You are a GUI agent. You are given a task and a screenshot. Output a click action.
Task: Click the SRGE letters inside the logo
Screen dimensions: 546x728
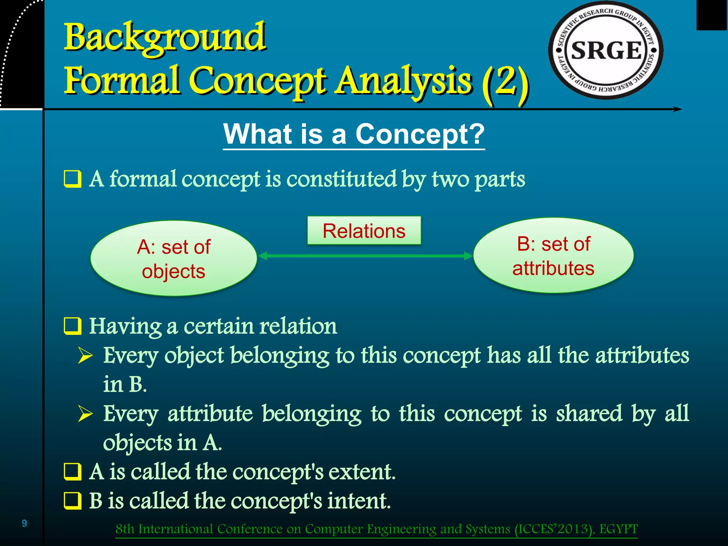[606, 50]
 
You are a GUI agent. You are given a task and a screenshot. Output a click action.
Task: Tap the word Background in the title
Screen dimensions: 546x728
[164, 37]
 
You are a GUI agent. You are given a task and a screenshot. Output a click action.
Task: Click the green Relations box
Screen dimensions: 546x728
[364, 231]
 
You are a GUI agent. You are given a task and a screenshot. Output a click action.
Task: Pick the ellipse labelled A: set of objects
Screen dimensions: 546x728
[173, 258]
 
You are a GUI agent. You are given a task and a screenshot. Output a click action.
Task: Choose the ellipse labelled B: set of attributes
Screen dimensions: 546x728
[553, 256]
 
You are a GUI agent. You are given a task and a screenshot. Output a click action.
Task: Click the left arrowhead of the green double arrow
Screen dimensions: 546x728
[263, 256]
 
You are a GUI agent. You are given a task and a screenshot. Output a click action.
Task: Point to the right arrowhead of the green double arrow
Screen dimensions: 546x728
[468, 256]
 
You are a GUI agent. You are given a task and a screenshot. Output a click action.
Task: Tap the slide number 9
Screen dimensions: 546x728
[24, 523]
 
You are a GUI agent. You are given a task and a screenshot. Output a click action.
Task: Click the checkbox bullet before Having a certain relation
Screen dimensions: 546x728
[73, 326]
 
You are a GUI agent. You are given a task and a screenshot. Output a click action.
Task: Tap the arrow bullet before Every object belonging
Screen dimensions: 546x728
[85, 355]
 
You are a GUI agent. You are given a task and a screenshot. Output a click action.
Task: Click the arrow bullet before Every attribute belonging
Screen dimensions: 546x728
[85, 414]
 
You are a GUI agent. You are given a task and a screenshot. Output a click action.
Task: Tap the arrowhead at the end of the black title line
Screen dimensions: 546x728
[677, 109]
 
